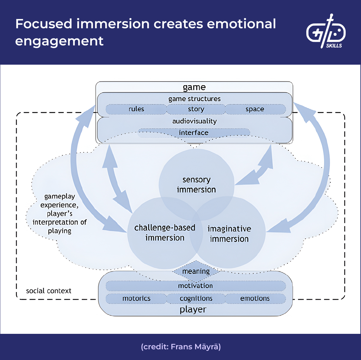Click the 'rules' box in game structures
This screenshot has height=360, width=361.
(x=136, y=109)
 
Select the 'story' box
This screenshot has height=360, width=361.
(x=196, y=109)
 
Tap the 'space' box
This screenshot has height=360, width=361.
(x=255, y=109)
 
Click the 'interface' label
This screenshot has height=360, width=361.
(x=194, y=133)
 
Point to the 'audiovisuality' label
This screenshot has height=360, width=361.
(x=194, y=121)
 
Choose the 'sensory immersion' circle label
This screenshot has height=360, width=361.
(x=196, y=185)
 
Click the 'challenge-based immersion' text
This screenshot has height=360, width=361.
(x=165, y=232)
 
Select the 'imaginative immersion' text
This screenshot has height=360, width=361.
(x=229, y=234)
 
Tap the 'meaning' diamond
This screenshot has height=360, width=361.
(x=196, y=271)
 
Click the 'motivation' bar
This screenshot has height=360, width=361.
(x=195, y=286)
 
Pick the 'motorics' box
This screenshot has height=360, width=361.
(x=136, y=298)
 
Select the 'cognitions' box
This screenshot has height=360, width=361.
(x=196, y=298)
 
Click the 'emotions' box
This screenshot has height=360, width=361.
(x=255, y=298)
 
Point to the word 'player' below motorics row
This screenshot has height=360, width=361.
(x=193, y=309)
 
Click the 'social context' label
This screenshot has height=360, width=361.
(x=49, y=291)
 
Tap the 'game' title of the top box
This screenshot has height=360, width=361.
(x=194, y=87)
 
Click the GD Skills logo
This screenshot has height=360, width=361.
(x=326, y=32)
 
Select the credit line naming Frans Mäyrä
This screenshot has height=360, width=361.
(x=181, y=347)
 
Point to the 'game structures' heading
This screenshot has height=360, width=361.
(x=194, y=99)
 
